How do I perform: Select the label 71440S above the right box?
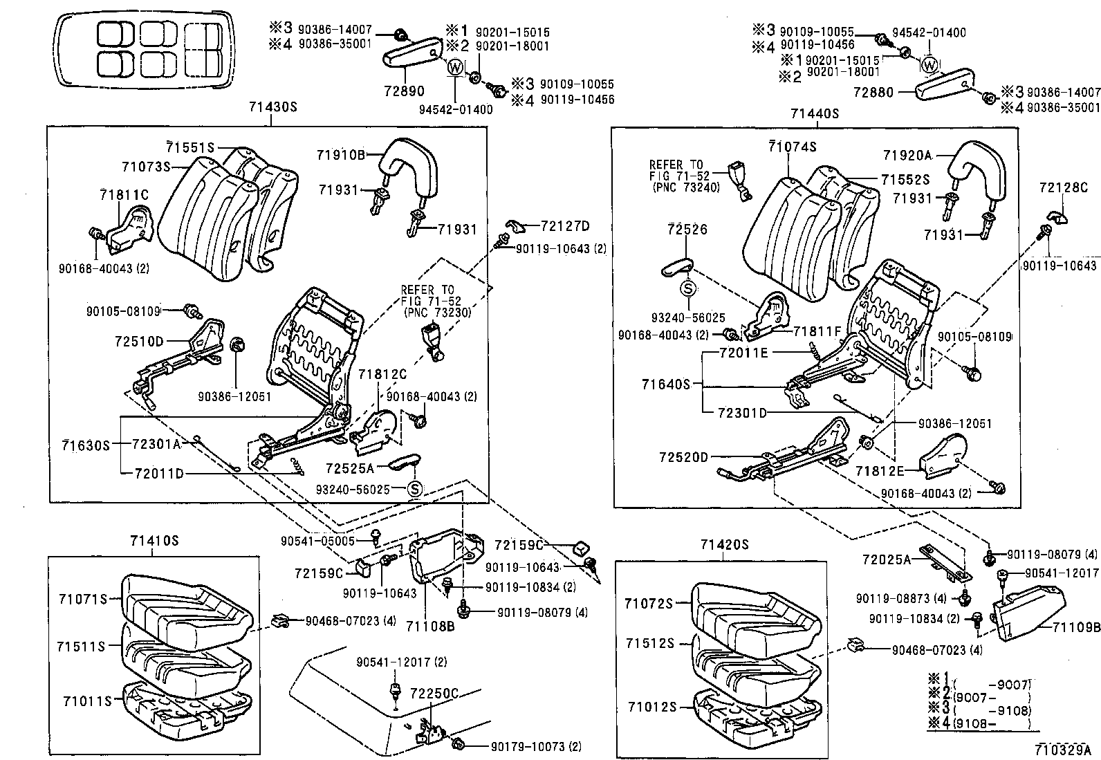tap(815, 113)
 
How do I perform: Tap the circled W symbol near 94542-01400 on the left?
tap(455, 68)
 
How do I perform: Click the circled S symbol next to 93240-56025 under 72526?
tap(689, 288)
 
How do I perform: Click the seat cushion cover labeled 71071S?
tap(183, 607)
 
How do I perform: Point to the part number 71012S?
tap(651, 707)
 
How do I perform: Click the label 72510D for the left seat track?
tap(139, 341)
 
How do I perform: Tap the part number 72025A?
tap(887, 559)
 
